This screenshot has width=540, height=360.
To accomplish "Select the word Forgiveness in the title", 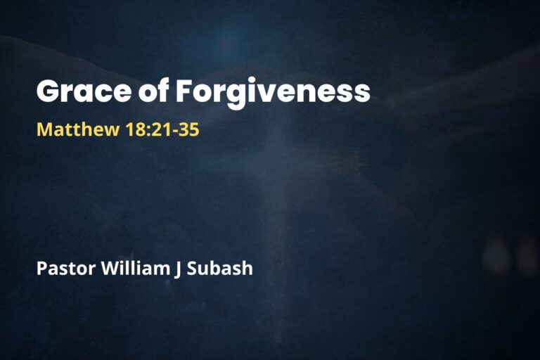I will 273,92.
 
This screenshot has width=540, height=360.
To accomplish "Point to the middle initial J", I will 175,268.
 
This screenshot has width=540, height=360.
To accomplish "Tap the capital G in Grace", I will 49,92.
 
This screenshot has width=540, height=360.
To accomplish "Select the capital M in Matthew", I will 44,130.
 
